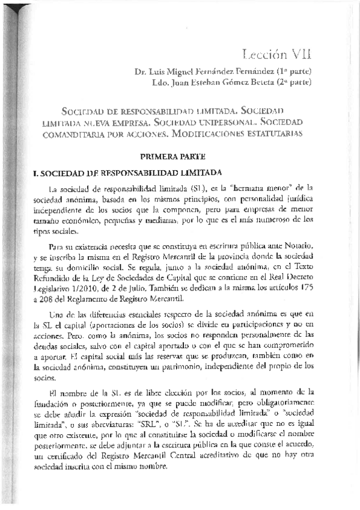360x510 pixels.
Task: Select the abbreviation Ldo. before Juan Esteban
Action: (x=159, y=85)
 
